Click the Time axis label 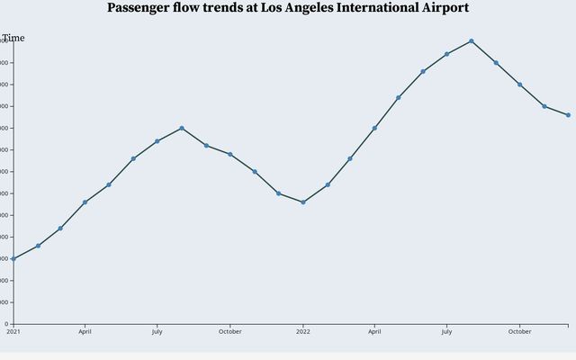[13, 38]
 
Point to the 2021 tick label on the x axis [13, 331]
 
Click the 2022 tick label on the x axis [302, 331]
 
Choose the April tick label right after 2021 [85, 331]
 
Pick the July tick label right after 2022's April [447, 331]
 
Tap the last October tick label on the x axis [519, 331]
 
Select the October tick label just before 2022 [229, 331]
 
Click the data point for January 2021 [13, 258]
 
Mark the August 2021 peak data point [182, 128]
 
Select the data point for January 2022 [303, 202]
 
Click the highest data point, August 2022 [472, 40]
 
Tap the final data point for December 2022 [568, 115]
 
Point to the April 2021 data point [85, 202]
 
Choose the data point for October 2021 [230, 154]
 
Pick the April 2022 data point [374, 128]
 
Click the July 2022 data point [447, 54]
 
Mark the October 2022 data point [519, 85]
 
